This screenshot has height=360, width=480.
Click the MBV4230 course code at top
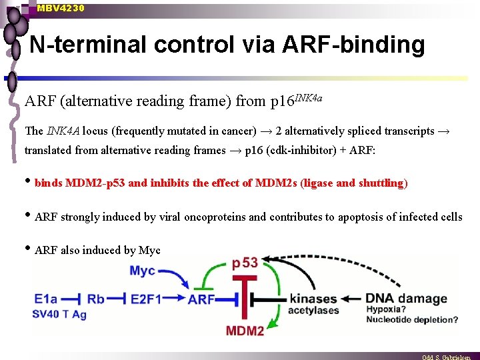point(61,8)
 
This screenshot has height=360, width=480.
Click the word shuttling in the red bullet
point(380,183)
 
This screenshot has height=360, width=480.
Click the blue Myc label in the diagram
point(143,271)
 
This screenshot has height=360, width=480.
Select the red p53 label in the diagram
point(245,263)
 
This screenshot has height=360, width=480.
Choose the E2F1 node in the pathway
point(146,299)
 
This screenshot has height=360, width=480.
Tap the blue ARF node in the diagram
point(201,300)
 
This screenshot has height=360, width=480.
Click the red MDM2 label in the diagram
point(245,331)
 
